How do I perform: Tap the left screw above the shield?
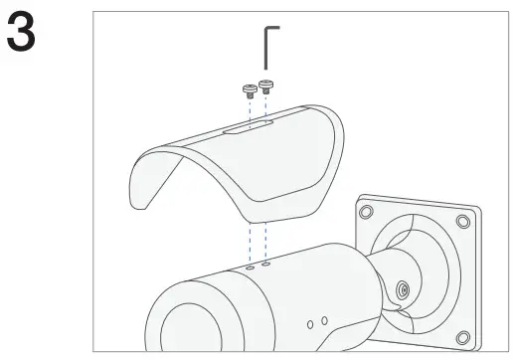pyautogui.click(x=249, y=90)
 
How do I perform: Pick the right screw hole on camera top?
pyautogui.click(x=264, y=265)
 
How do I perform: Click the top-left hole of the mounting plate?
pyautogui.click(x=366, y=211)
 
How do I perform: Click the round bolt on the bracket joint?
pyautogui.click(x=401, y=290)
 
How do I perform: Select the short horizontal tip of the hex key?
pyautogui.click(x=274, y=29)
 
